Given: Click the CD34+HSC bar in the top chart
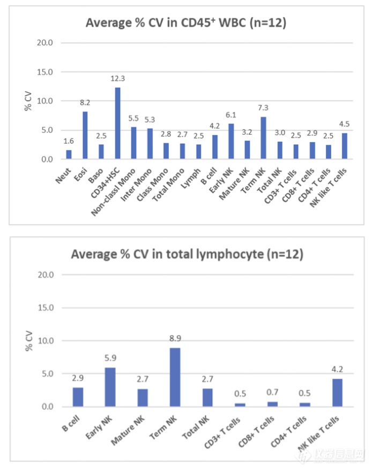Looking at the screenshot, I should [x=117, y=123].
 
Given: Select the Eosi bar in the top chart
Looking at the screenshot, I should [x=85, y=135].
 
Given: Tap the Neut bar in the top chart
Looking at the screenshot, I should [x=69, y=154].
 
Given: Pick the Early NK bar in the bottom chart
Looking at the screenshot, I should [x=110, y=387].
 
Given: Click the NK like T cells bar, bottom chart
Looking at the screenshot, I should [x=337, y=393].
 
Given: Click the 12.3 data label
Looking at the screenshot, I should [x=117, y=78].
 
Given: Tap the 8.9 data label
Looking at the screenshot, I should [x=174, y=339].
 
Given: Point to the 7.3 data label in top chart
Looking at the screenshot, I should [x=264, y=108].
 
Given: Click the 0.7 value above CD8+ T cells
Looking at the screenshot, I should [x=272, y=393].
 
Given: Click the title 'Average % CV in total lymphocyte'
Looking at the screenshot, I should [x=187, y=254].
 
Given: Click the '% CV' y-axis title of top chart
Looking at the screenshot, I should [x=28, y=101].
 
